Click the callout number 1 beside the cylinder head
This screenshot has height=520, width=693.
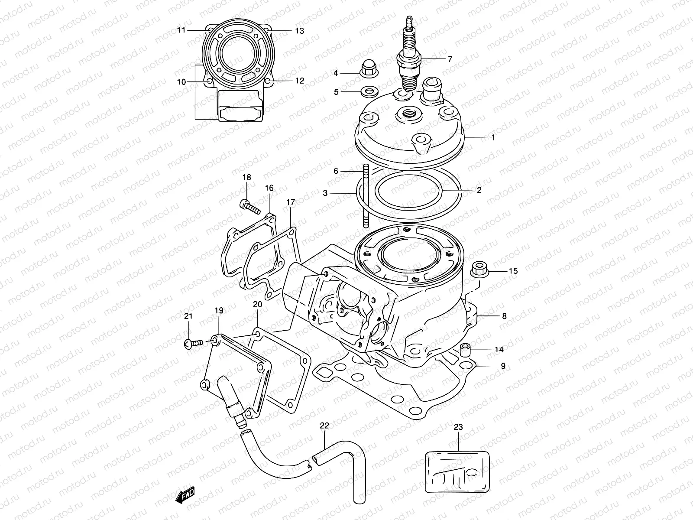pyautogui.click(x=493, y=137)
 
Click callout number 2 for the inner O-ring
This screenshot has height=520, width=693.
pyautogui.click(x=479, y=190)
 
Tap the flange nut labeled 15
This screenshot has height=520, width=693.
pyautogui.click(x=479, y=269)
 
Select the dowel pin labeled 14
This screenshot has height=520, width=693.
pyautogui.click(x=465, y=348)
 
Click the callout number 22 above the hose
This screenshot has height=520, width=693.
pyautogui.click(x=325, y=426)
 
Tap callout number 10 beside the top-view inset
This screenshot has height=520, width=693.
pyautogui.click(x=181, y=81)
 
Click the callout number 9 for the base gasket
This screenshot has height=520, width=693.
pyautogui.click(x=503, y=366)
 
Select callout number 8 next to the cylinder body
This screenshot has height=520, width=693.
pyautogui.click(x=504, y=316)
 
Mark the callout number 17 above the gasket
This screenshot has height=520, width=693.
pyautogui.click(x=290, y=202)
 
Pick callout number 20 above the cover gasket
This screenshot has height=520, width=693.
pyautogui.click(x=257, y=305)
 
